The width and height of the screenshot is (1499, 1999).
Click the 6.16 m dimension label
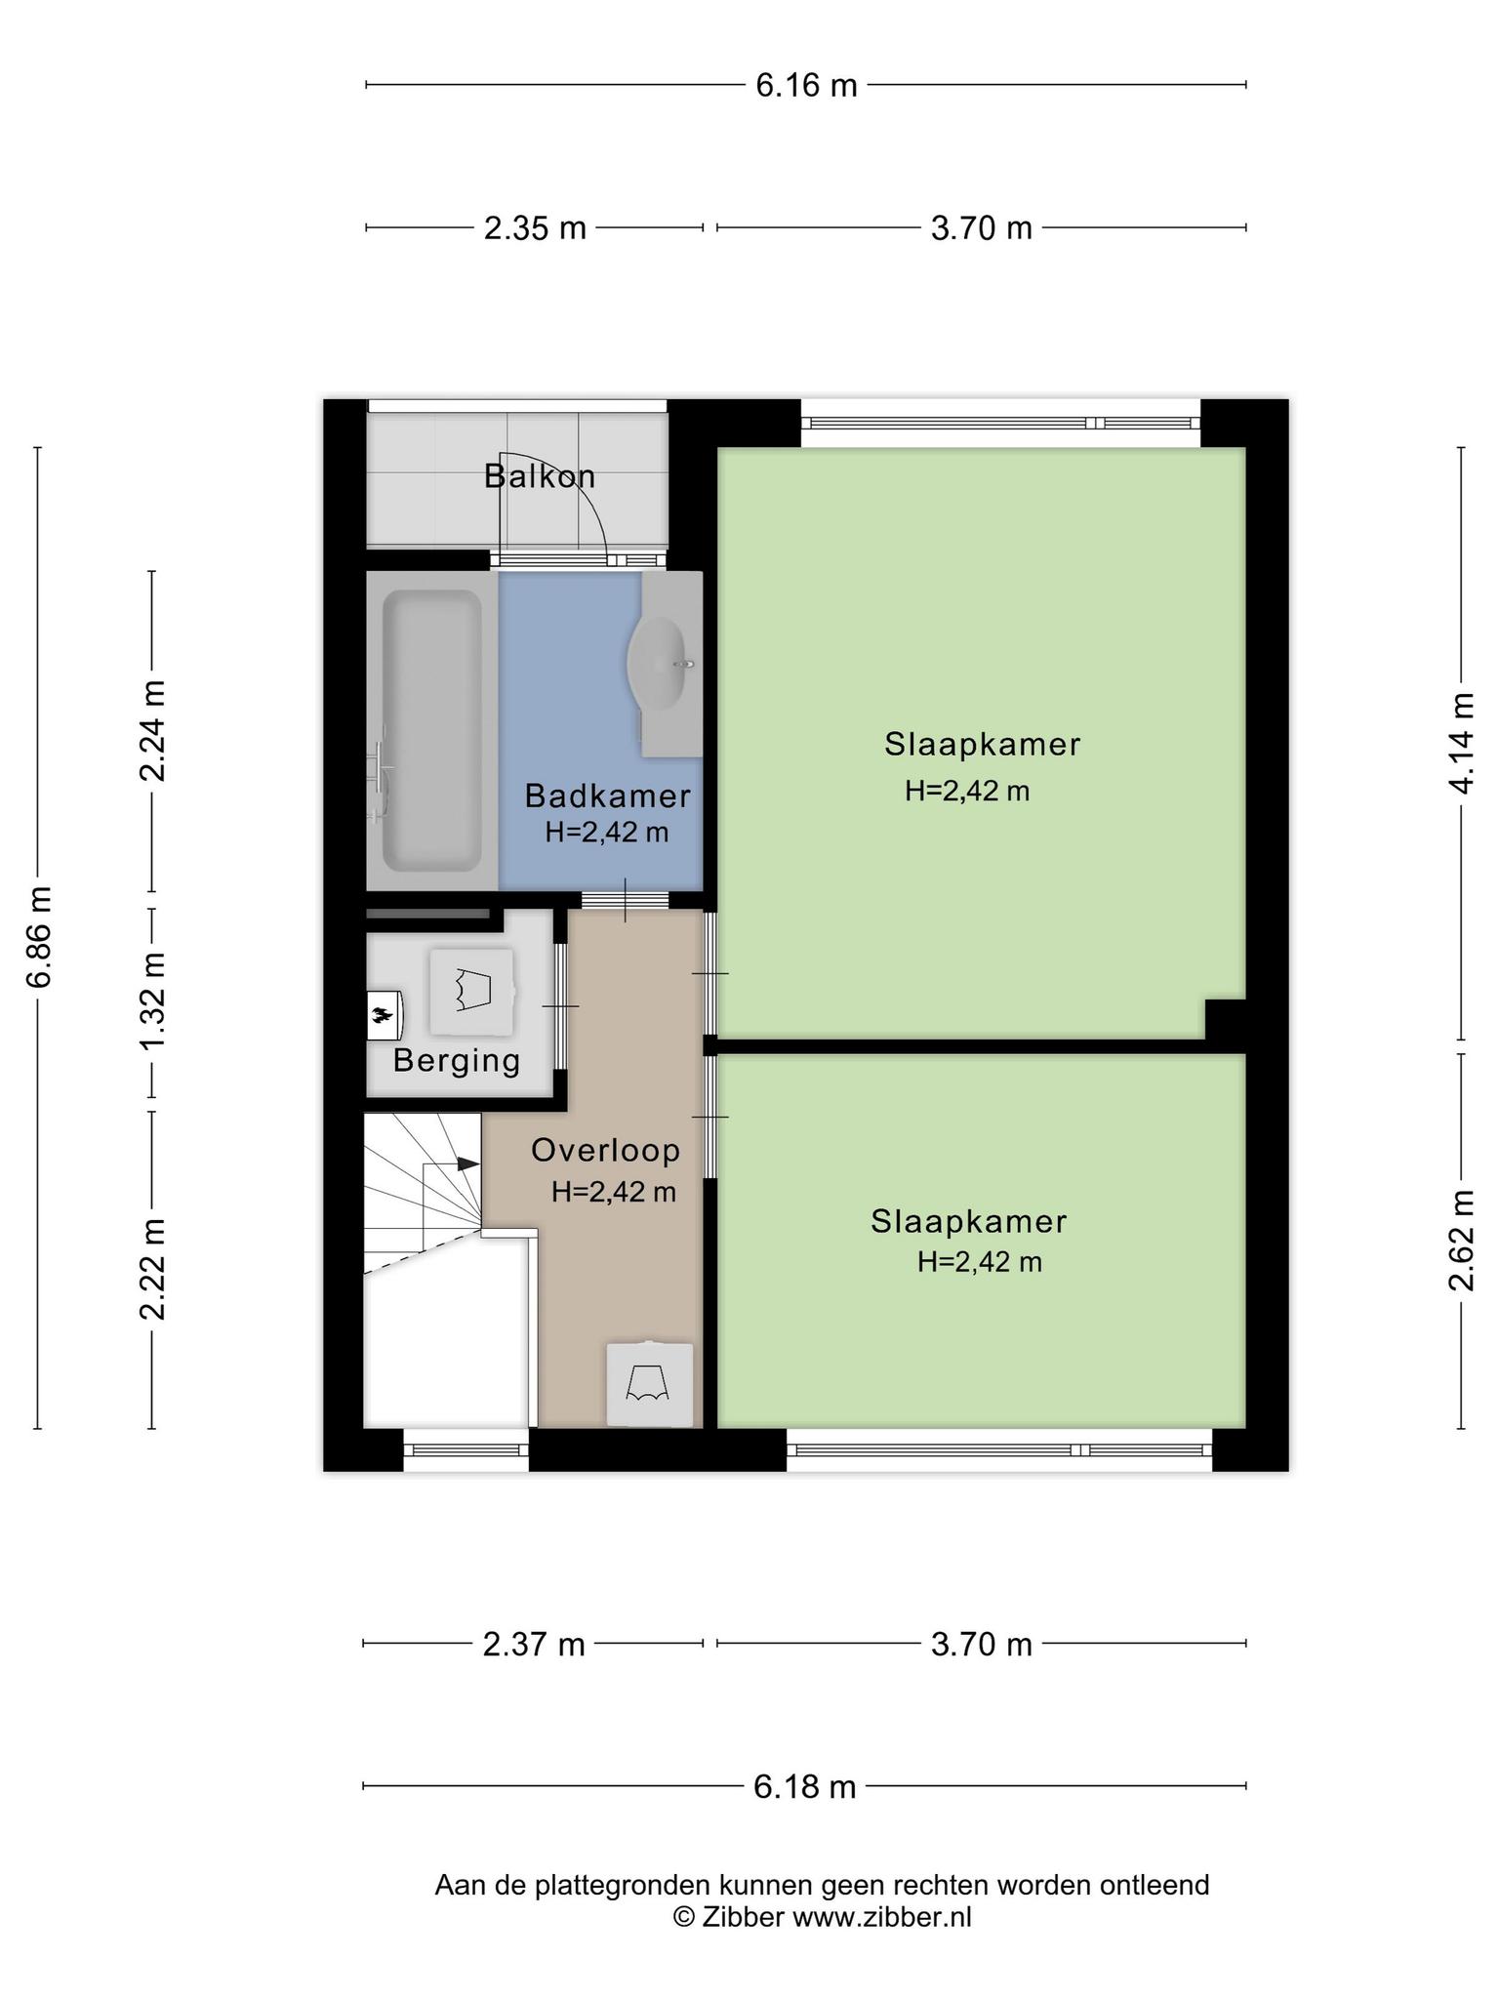[x=806, y=86]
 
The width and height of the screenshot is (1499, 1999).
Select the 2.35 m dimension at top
[x=535, y=228]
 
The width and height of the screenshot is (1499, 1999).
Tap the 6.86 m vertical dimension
[x=39, y=937]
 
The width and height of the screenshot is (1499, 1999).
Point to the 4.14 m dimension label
[x=1461, y=744]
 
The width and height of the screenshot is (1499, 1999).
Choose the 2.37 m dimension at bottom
[x=534, y=1645]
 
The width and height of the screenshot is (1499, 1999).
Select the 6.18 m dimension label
[x=804, y=1787]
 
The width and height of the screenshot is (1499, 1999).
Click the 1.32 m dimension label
[x=152, y=999]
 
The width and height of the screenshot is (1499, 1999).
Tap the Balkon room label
[x=540, y=476]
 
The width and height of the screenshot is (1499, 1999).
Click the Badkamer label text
[x=607, y=796]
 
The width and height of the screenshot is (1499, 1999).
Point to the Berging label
[x=457, y=1060]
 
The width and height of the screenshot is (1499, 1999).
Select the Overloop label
[x=605, y=1150]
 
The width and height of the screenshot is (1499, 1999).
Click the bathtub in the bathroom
[x=431, y=730]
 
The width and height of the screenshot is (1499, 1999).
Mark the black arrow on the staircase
[x=467, y=1163]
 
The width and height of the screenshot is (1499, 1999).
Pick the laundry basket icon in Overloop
[x=649, y=1384]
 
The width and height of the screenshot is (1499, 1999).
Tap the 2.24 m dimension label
[x=152, y=730]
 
